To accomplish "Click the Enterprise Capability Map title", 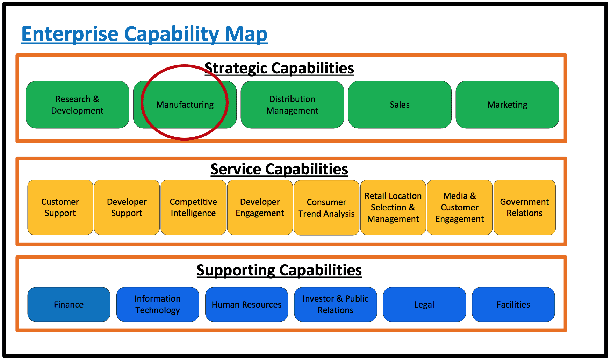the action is coord(144,34).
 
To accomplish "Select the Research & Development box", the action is coord(77,105).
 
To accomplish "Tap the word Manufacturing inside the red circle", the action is coord(185,105).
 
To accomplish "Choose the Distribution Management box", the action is coord(292,105).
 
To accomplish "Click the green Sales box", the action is coord(400,105).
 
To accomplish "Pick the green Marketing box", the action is coord(507,105).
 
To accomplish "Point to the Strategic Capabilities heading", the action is coord(279,68).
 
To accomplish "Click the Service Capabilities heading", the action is coord(279,169).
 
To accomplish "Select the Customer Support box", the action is coord(60,207).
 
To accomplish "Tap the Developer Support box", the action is coord(127,207).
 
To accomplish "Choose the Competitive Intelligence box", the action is coord(193,207).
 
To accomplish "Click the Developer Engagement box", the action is coord(260,207).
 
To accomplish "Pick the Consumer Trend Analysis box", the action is coord(326,208).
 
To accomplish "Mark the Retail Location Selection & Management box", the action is coord(393,207).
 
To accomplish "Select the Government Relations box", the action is coord(525,207).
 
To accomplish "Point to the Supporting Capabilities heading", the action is coord(279,270).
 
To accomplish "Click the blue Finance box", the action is coord(69,304).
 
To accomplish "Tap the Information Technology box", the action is coord(158,304).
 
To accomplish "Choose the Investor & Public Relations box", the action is coord(336,304).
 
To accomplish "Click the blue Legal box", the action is coord(424,304).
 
